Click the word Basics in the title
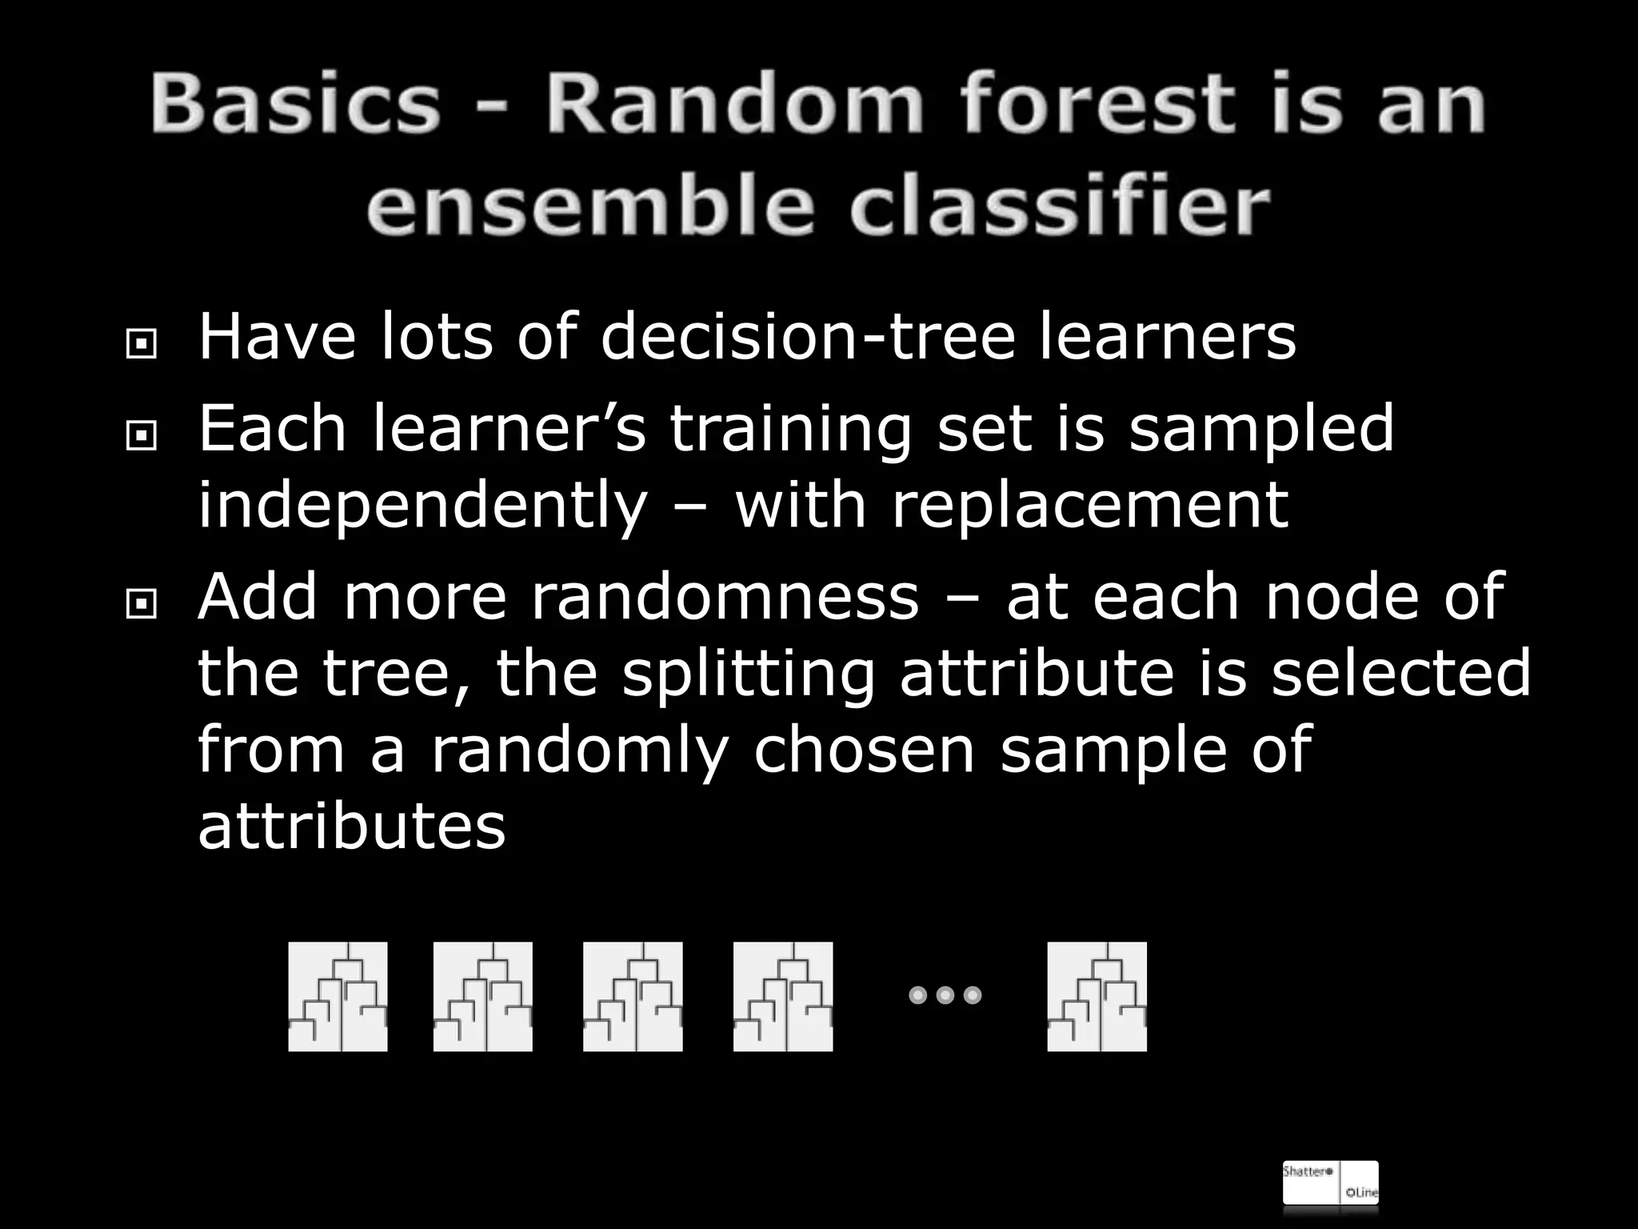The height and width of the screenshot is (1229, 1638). coord(295,104)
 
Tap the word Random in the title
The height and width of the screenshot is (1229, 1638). coord(733,104)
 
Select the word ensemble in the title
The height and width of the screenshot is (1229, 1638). coord(588,206)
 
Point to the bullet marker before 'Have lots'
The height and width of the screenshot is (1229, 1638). coord(142,345)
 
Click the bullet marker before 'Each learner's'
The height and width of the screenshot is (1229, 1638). coord(142,436)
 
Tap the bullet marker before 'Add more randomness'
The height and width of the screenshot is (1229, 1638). coord(142,605)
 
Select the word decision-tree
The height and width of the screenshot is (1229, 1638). coord(807,336)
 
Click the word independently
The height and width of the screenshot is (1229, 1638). coord(421,507)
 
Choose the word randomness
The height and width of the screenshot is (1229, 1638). coord(725,596)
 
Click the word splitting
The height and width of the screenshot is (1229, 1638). coord(748,674)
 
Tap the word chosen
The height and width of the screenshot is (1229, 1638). coord(864,749)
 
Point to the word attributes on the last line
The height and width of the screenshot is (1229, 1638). coord(351,825)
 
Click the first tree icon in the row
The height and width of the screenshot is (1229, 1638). coord(338,996)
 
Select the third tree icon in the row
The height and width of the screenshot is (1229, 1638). coord(633,996)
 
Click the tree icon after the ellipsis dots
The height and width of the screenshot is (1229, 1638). coord(1097,996)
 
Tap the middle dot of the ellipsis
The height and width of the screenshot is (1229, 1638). coord(945,995)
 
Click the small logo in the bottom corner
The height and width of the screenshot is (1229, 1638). coord(1330,1182)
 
